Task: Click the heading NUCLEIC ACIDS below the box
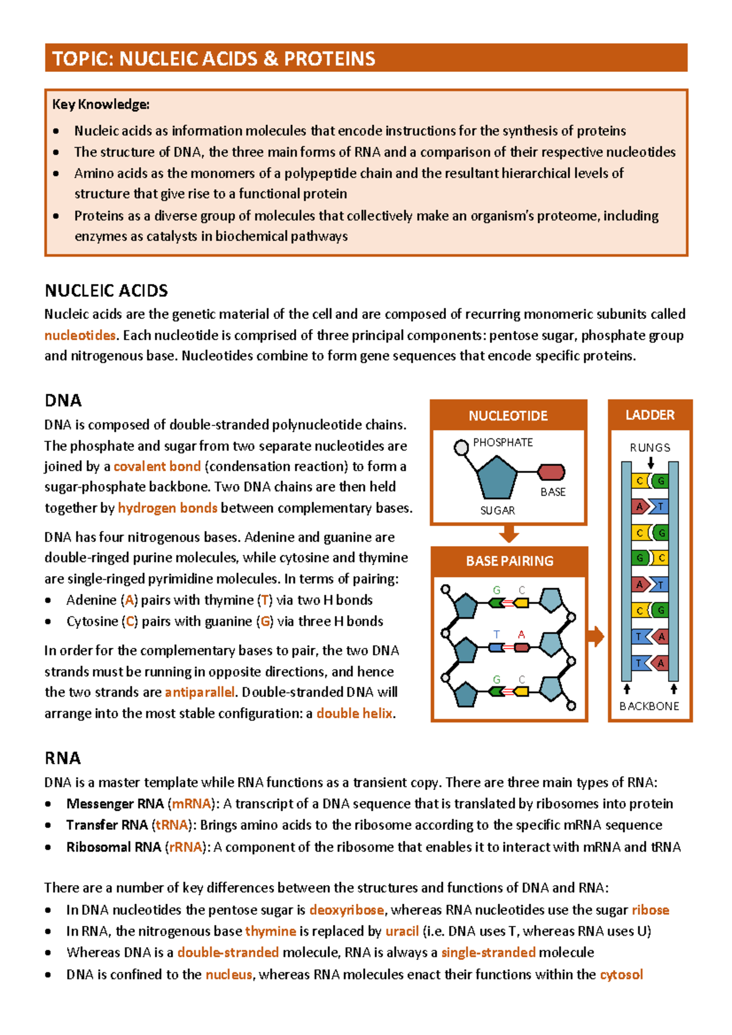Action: point(106,290)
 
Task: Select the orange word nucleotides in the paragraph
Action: point(80,335)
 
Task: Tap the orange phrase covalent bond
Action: point(157,466)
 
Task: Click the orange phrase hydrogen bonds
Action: point(167,508)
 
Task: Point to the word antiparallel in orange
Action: point(199,692)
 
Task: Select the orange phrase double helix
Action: point(354,713)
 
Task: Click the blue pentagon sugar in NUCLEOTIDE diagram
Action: point(496,478)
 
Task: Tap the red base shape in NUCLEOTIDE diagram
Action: point(551,472)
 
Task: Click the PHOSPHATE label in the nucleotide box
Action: point(503,443)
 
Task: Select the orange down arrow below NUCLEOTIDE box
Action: point(509,535)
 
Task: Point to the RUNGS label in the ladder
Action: point(650,447)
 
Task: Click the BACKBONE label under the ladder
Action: point(649,706)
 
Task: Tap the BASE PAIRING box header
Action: point(509,561)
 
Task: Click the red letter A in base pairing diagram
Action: point(521,635)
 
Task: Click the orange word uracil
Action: point(402,931)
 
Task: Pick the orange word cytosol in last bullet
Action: point(621,975)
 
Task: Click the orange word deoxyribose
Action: point(346,910)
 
